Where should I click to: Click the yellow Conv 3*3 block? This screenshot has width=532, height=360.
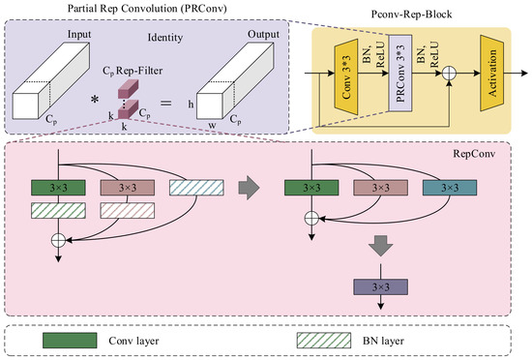point(346,77)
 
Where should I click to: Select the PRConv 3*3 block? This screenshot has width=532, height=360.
point(400,73)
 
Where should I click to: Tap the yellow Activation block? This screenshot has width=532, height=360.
point(492,73)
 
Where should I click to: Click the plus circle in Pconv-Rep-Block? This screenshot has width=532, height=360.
point(449,74)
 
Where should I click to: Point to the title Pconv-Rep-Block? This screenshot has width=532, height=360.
point(411,15)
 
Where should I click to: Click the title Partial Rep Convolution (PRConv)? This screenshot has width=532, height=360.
point(147,8)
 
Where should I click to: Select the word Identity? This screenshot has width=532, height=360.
point(165,38)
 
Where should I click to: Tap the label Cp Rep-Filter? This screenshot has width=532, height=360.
point(133,71)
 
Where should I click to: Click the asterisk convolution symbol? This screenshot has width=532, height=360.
point(95,100)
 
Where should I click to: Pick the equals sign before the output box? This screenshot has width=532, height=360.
point(166,103)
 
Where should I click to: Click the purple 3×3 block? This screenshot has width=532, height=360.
point(381,287)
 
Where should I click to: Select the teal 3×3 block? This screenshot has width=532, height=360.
point(450,188)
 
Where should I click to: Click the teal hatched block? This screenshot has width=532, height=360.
point(196,188)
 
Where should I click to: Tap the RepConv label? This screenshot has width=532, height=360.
point(474,154)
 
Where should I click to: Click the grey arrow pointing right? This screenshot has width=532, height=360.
point(249,188)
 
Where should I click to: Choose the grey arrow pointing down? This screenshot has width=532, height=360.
point(381,246)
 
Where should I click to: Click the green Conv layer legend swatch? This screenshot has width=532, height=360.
point(70,341)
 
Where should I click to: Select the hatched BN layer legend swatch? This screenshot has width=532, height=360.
point(324,341)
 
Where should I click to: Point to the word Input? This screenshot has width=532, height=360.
point(79,34)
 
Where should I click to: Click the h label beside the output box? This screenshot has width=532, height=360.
point(191,105)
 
